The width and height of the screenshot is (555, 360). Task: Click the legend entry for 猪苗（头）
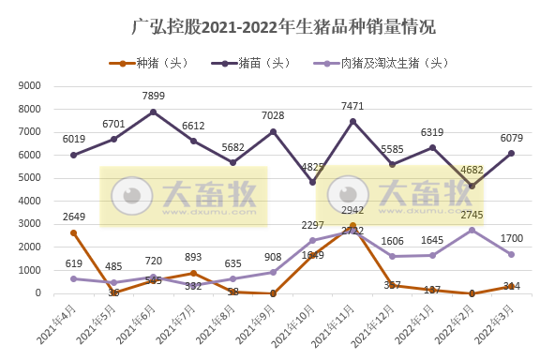pos(253,63)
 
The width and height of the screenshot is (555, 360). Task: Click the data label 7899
pos(153,95)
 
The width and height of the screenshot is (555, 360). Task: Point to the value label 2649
pos(73,217)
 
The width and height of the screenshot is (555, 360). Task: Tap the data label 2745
pos(472,216)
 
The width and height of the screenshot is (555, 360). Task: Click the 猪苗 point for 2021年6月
pos(153,112)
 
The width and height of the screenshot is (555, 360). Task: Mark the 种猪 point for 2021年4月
pos(73,232)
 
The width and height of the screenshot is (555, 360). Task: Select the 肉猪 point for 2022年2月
pos(472,230)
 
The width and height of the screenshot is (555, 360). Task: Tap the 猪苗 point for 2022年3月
pos(512,153)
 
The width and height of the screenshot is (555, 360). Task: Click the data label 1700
pos(512,240)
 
